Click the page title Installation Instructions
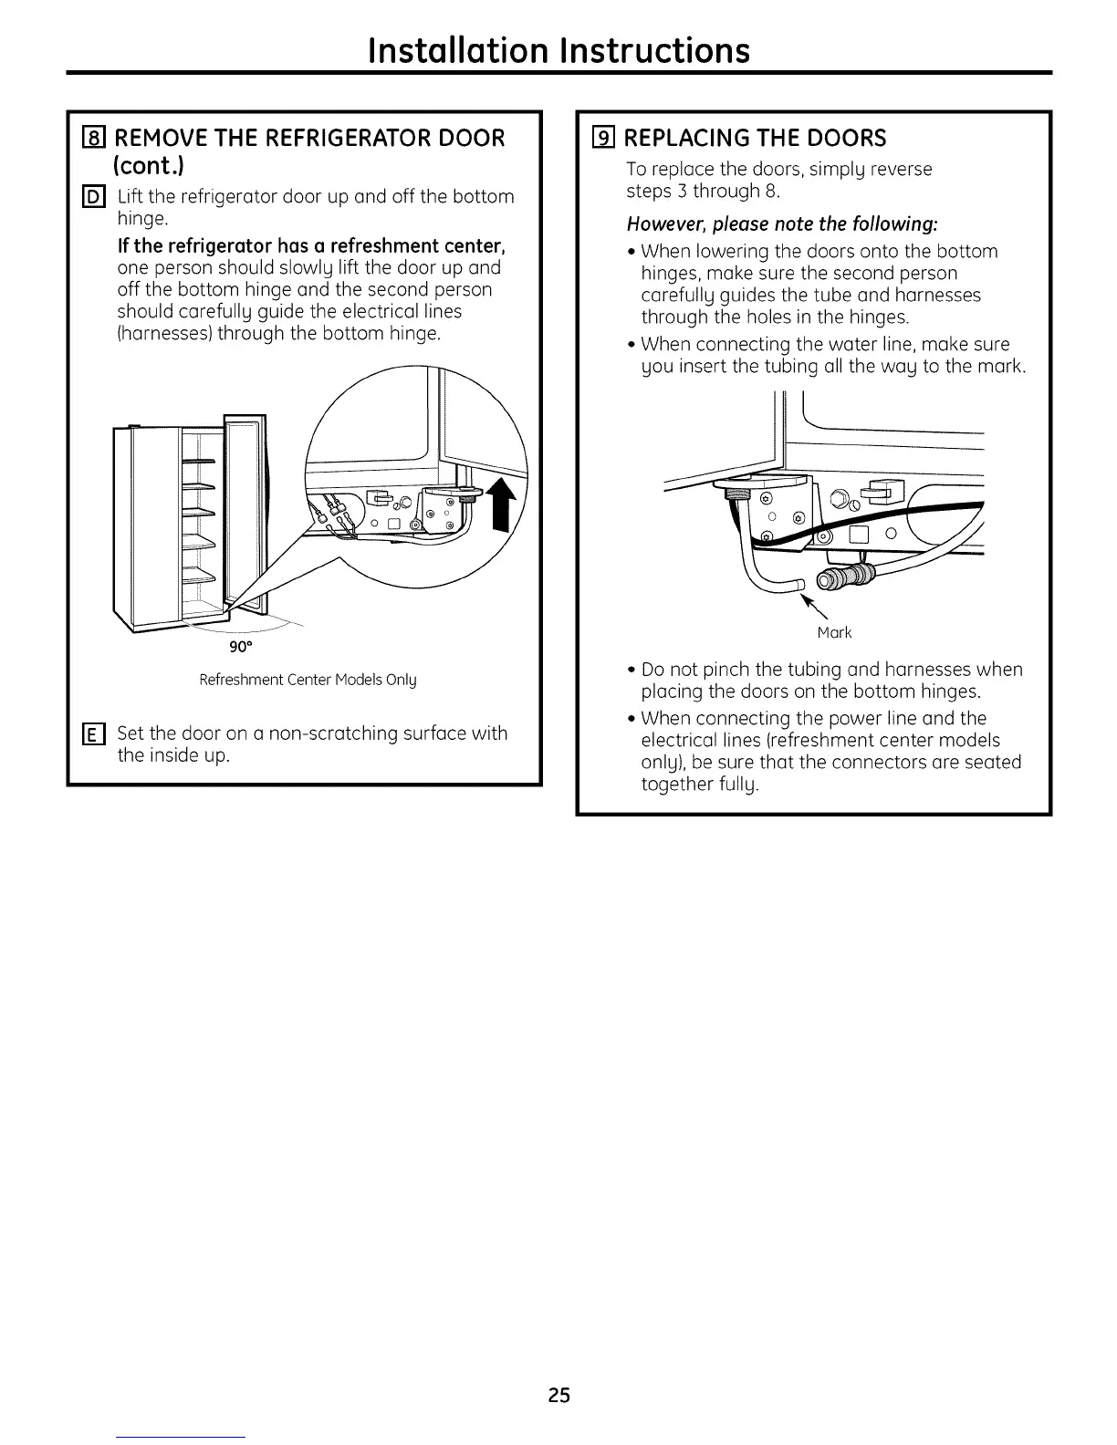[x=558, y=49]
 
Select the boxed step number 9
[x=603, y=139]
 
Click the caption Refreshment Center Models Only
[x=308, y=680]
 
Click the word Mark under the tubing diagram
[x=834, y=632]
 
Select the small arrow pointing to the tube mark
[x=811, y=606]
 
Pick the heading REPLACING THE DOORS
[x=755, y=139]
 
